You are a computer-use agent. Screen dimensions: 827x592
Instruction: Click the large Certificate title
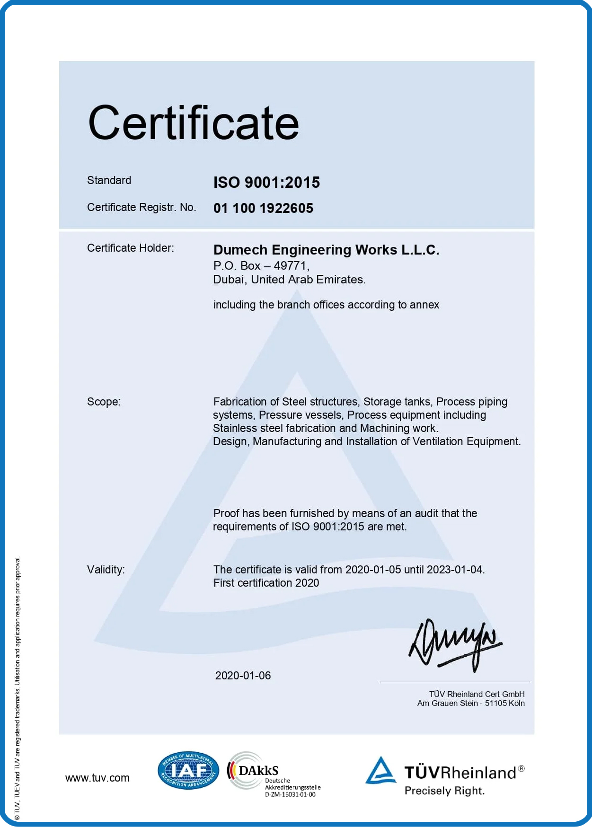click(x=194, y=123)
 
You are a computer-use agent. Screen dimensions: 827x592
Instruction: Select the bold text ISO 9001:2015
click(x=266, y=183)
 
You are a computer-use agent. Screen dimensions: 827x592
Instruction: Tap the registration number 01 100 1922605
click(x=263, y=208)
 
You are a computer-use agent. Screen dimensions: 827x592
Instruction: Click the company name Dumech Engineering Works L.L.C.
click(x=326, y=250)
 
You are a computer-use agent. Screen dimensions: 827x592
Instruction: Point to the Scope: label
click(x=104, y=402)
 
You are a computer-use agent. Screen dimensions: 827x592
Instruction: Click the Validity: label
click(x=106, y=570)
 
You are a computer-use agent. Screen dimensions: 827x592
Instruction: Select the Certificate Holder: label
click(x=130, y=248)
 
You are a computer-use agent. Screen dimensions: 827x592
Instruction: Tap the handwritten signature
click(x=454, y=644)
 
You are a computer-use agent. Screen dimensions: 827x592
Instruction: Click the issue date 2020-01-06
click(x=243, y=676)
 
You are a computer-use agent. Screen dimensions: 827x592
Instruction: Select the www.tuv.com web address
click(x=97, y=778)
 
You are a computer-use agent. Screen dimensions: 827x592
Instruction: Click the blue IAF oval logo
click(x=188, y=770)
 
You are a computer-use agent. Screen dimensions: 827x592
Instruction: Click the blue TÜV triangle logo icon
click(x=380, y=771)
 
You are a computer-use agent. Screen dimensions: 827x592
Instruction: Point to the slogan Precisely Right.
click(x=444, y=791)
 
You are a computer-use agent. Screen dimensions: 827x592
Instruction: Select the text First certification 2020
click(x=266, y=583)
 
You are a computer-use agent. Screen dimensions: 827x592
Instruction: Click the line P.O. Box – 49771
click(x=261, y=266)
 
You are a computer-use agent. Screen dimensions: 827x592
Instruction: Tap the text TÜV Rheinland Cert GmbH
click(x=477, y=694)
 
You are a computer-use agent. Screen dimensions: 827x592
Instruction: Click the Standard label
click(x=109, y=180)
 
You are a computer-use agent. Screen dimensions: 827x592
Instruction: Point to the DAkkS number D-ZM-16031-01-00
click(x=290, y=794)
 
